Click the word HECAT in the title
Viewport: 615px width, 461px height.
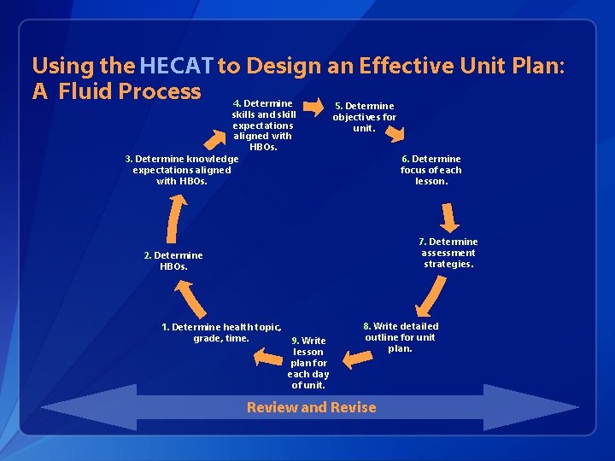coord(177,66)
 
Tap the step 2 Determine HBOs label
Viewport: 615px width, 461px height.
coord(173,260)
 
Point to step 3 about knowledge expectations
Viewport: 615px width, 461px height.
coord(182,169)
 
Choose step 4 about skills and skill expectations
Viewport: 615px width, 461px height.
coord(264,125)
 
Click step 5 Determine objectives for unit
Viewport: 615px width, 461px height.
coord(365,117)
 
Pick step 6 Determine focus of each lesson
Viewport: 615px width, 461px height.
coord(431,169)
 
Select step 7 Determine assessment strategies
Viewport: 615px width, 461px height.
coord(448,253)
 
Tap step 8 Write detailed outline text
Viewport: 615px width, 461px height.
coord(401,336)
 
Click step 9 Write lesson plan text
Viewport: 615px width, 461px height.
coord(308,363)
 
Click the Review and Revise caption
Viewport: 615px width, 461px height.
coord(311,407)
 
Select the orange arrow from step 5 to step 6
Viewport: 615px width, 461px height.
coord(395,131)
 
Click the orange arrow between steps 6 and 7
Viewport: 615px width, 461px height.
coord(448,215)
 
